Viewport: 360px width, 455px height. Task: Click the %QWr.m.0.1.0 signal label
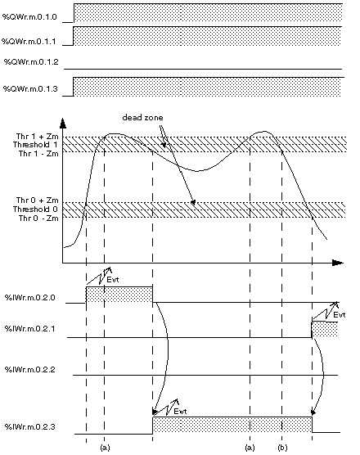pyautogui.click(x=29, y=16)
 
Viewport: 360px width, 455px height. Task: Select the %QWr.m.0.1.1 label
pyautogui.click(x=29, y=41)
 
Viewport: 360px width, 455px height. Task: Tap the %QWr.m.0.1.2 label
pyautogui.click(x=31, y=62)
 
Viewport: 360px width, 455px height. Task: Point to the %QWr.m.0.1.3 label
pyautogui.click(x=30, y=88)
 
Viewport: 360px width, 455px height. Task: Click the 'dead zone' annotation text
pyautogui.click(x=142, y=118)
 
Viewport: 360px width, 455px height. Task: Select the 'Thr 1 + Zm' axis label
pyautogui.click(x=37, y=137)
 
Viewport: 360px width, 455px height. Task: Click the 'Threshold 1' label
pyautogui.click(x=35, y=145)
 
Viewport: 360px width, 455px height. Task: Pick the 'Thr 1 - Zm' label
pyautogui.click(x=38, y=153)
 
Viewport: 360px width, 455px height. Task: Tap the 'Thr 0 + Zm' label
pyautogui.click(x=37, y=200)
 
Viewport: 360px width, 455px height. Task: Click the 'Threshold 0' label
pyautogui.click(x=35, y=209)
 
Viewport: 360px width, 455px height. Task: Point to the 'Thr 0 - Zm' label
pyautogui.click(x=38, y=218)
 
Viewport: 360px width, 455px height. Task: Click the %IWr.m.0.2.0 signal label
pyautogui.click(x=30, y=297)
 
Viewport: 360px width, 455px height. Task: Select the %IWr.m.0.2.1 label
pyautogui.click(x=30, y=329)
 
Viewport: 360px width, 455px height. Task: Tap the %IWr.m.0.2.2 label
pyautogui.click(x=30, y=369)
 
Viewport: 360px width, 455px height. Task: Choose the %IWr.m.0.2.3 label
pyautogui.click(x=30, y=426)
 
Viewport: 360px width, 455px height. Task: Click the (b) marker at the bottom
pyautogui.click(x=282, y=448)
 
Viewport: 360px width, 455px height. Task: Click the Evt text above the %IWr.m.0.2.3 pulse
pyautogui.click(x=180, y=411)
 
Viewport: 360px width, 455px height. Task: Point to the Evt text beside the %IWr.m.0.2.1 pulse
pyautogui.click(x=339, y=315)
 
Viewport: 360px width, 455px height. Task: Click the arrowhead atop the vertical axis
pyautogui.click(x=63, y=123)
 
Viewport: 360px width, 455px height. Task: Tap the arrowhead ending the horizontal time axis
pyautogui.click(x=338, y=263)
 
